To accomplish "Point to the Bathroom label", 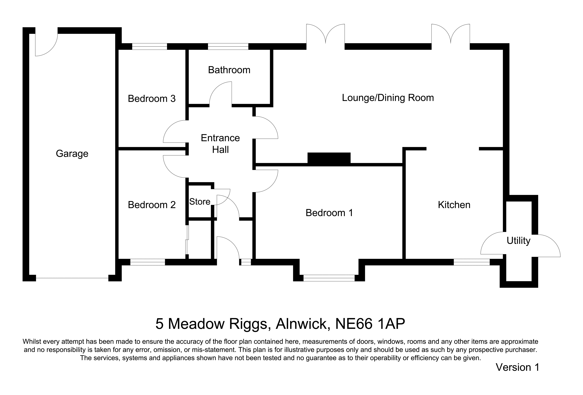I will click(229, 70).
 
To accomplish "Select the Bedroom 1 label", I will click(329, 213).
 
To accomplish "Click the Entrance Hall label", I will click(220, 144).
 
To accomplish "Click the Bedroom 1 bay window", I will click(329, 278).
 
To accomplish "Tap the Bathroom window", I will click(228, 46).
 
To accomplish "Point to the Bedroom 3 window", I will click(149, 46).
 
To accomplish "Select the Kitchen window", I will click(472, 262).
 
